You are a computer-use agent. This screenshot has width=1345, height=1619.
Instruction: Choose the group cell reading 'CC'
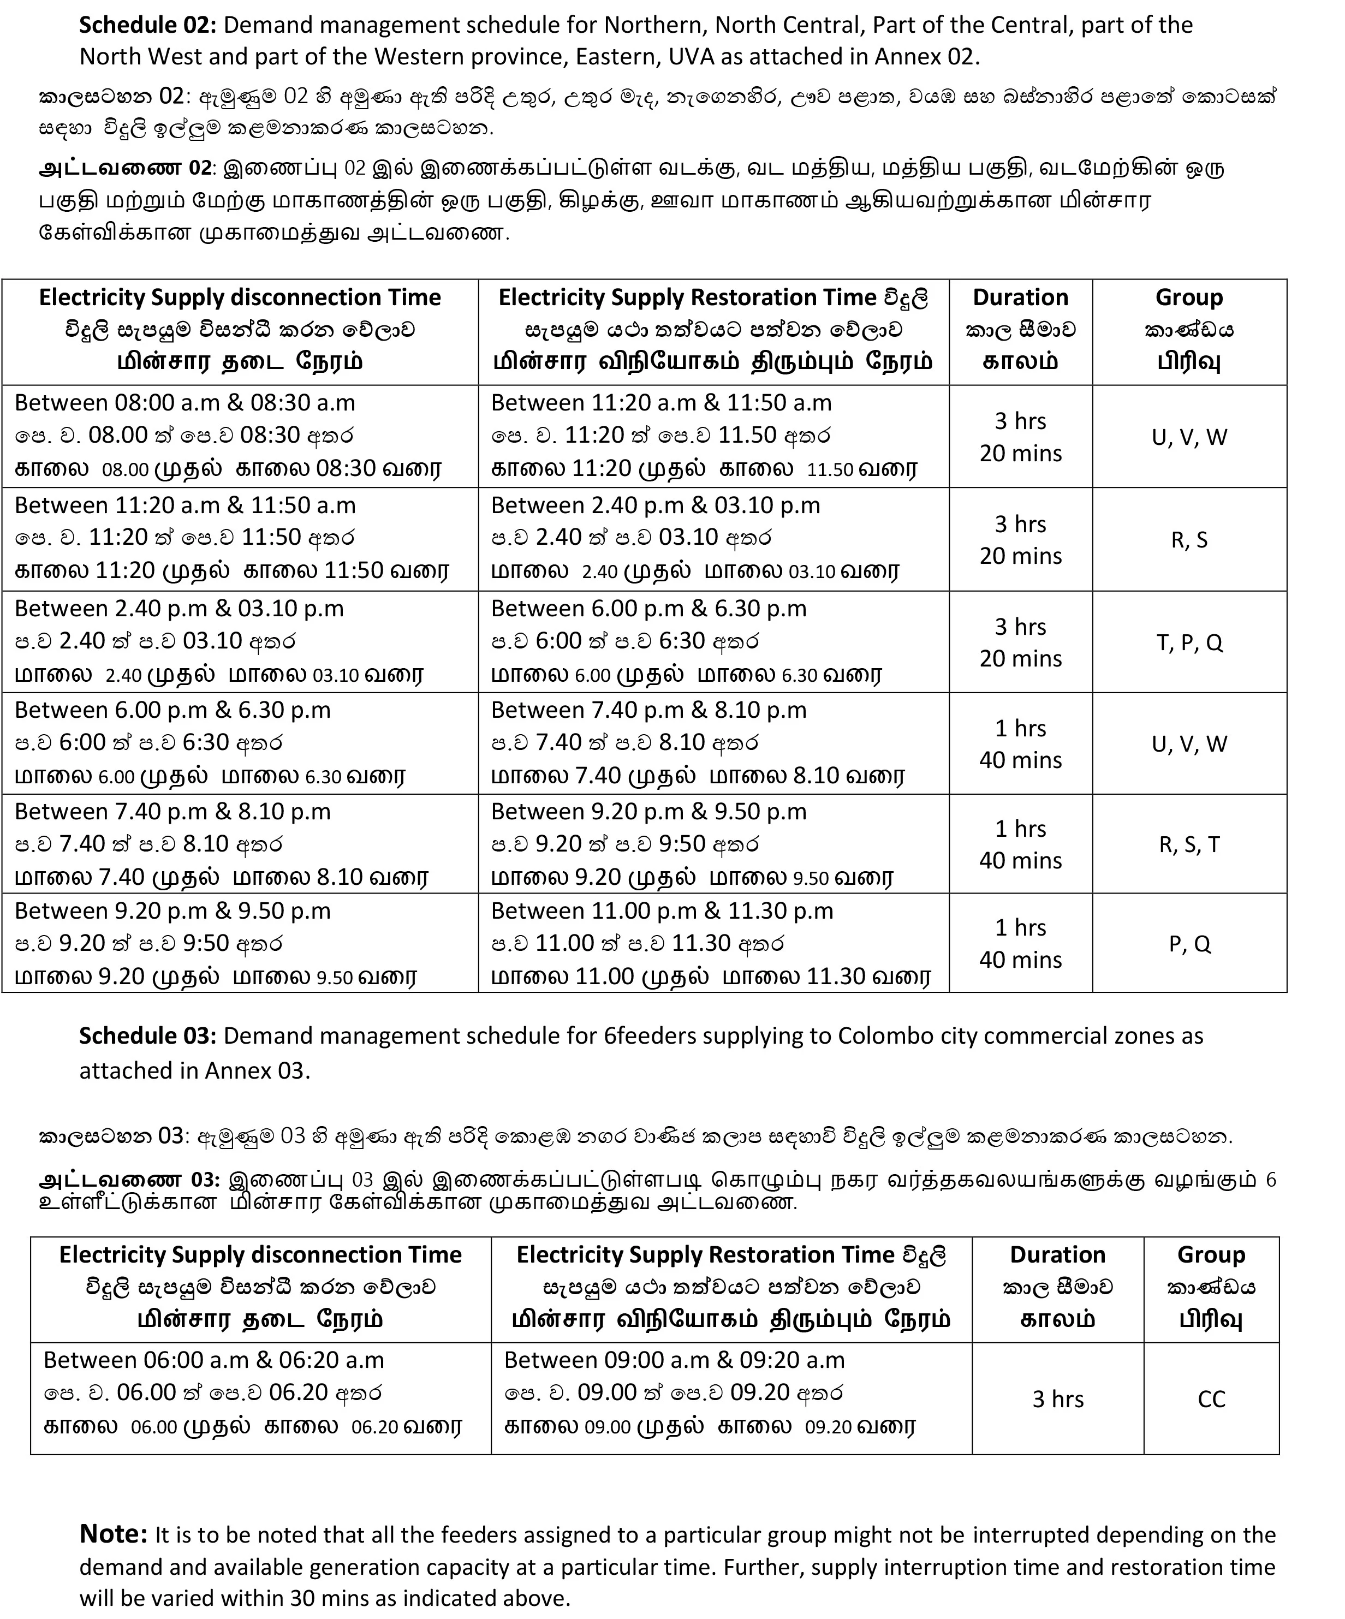coord(1211,1398)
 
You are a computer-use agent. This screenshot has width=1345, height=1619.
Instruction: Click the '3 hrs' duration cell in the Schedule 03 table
coord(1057,1398)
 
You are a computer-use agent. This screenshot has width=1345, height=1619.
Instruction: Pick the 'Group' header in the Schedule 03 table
coord(1211,1254)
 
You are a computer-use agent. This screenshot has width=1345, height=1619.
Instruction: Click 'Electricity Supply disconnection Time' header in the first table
coord(240,297)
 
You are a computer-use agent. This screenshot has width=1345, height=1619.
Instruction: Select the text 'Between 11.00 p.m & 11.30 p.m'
coord(662,910)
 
